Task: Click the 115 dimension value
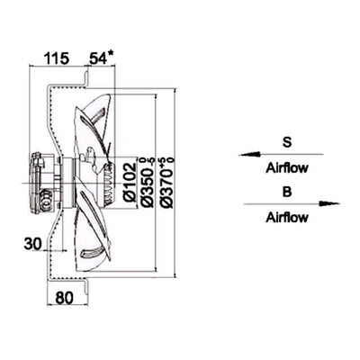[x=57, y=58]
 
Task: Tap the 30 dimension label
[x=32, y=244]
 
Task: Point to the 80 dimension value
[x=64, y=298]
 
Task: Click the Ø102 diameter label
[x=130, y=182]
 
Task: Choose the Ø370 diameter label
[x=167, y=182]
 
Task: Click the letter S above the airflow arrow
[x=287, y=142]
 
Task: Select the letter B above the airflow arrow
[x=287, y=192]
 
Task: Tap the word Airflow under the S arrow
[x=287, y=168]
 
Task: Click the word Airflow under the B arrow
[x=287, y=217]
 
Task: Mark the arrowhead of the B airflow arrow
[x=329, y=203]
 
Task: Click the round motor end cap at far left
[x=37, y=183]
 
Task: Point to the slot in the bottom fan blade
[x=93, y=253]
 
